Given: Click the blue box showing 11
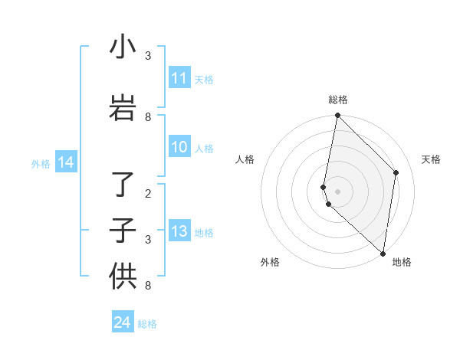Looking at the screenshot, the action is point(179,78).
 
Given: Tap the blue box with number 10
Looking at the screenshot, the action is point(179,147).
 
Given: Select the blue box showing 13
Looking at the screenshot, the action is point(179,231).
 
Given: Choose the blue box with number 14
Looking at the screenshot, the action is point(66,162).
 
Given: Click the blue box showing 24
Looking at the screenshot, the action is point(123,322).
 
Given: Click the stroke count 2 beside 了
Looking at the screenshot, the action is point(148,194).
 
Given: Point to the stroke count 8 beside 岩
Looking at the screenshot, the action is point(148,117).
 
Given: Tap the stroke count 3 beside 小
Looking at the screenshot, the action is point(148,56).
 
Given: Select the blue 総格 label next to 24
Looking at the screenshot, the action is point(147,324).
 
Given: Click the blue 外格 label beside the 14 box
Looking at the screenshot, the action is point(41,163).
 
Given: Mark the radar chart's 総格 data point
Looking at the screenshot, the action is point(337,116).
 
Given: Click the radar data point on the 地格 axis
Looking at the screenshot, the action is point(383,253).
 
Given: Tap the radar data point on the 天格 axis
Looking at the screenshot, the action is point(396,172).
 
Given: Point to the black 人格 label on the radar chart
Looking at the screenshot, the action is point(245,159).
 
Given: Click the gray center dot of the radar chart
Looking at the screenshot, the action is point(337,191).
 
